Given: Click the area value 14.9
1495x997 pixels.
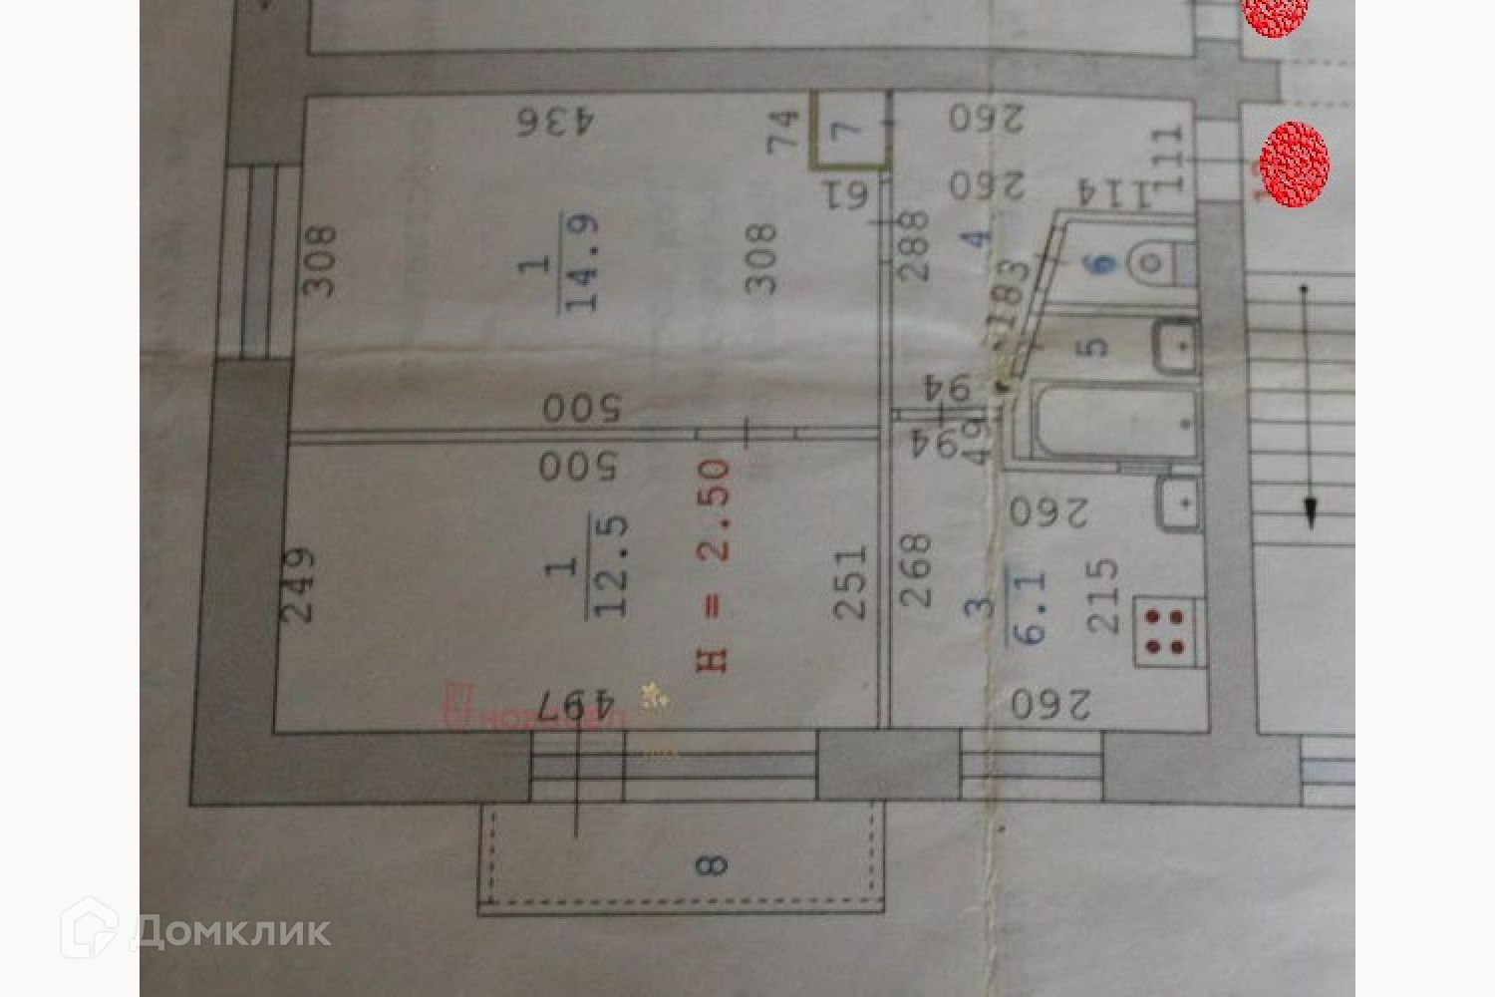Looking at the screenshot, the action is coord(582,262).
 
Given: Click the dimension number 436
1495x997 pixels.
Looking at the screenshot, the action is coord(555,123).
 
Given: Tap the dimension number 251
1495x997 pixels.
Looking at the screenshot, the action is coord(850,583).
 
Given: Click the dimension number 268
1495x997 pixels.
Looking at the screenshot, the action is coord(915,570).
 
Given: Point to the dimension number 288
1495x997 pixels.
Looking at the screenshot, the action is coord(913,244).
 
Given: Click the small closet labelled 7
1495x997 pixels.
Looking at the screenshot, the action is coord(848,130).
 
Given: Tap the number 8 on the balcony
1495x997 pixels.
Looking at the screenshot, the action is coord(712,864).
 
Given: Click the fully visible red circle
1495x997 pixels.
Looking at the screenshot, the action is coord(1294,165).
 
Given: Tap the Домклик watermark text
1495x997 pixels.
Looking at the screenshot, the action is coord(230,931).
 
